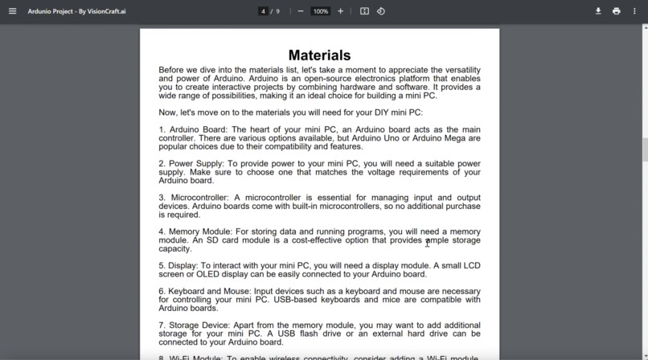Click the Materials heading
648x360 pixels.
pyautogui.click(x=319, y=55)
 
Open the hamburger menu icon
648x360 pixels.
pyautogui.click(x=12, y=11)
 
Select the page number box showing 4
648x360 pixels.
pyautogui.click(x=263, y=11)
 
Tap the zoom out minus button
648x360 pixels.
pyautogui.click(x=301, y=11)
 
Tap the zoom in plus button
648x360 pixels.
pyautogui.click(x=341, y=11)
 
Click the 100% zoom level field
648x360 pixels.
pyautogui.click(x=321, y=11)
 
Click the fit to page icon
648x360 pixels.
pyautogui.click(x=364, y=11)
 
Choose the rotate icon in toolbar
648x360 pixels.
pyautogui.click(x=381, y=11)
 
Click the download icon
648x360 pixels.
pyautogui.click(x=598, y=11)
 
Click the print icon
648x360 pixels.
pyautogui.click(x=617, y=11)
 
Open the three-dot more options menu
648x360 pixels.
pyautogui.click(x=635, y=11)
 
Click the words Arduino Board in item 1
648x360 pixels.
pyautogui.click(x=198, y=129)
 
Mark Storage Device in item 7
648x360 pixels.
pyautogui.click(x=199, y=325)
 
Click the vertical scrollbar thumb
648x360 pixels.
pyautogui.click(x=644, y=149)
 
